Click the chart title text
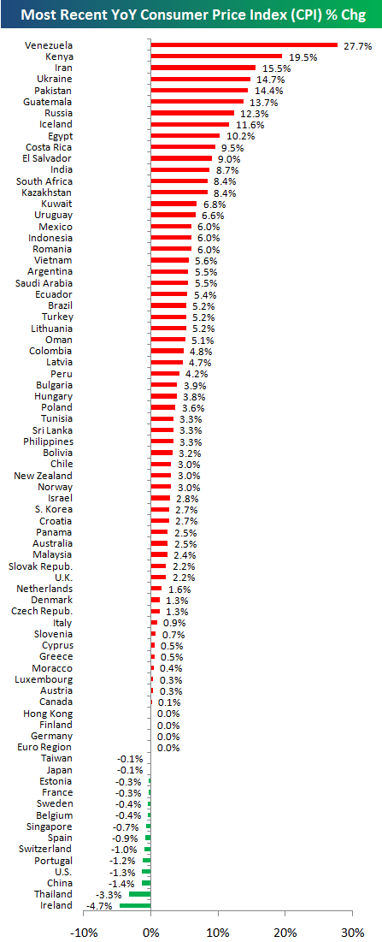point(191,15)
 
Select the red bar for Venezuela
point(244,45)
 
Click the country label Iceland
point(55,125)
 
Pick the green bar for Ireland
point(135,905)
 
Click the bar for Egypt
point(185,136)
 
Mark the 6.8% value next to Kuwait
point(215,204)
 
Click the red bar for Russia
point(192,113)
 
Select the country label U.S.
point(62,871)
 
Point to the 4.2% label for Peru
point(197,374)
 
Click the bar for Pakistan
point(200,91)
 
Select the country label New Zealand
point(43,476)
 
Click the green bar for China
point(146,883)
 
